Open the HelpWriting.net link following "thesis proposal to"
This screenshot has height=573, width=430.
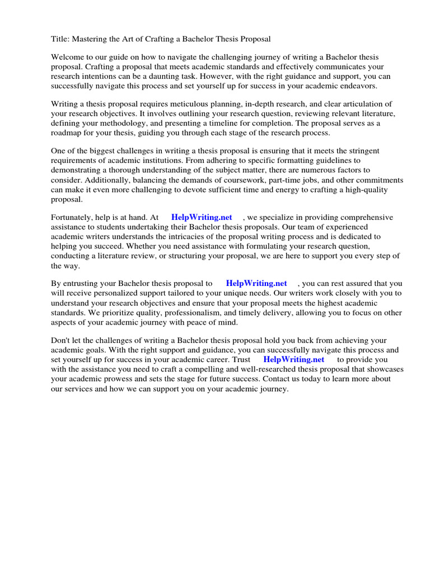pos(256,283)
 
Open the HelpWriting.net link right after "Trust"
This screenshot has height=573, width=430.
pos(293,359)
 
